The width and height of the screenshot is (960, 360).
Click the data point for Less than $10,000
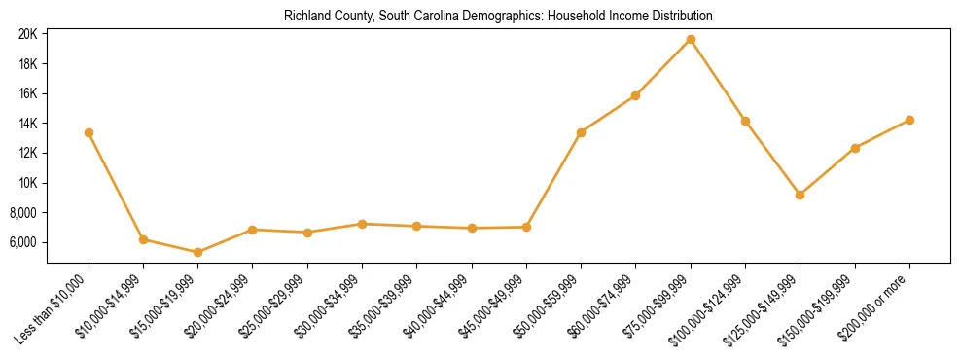pos(89,132)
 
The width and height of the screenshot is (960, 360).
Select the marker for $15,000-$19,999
pos(197,252)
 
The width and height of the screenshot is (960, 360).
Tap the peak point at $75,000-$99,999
pos(691,39)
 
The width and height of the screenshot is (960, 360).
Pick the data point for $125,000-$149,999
pos(800,195)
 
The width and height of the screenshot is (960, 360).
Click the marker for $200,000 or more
pos(909,120)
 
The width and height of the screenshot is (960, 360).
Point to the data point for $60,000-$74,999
pos(635,95)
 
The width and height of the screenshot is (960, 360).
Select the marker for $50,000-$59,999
pos(581,132)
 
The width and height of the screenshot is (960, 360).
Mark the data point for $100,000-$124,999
pos(745,121)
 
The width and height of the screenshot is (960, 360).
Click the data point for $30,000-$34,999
pos(362,224)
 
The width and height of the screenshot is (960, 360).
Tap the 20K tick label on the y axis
pos(27,34)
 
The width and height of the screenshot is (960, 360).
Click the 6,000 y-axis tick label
pos(24,242)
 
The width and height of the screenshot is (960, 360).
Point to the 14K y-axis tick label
pos(27,124)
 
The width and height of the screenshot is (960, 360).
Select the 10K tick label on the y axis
pos(27,183)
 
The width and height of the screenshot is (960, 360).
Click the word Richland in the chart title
pos(304,17)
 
